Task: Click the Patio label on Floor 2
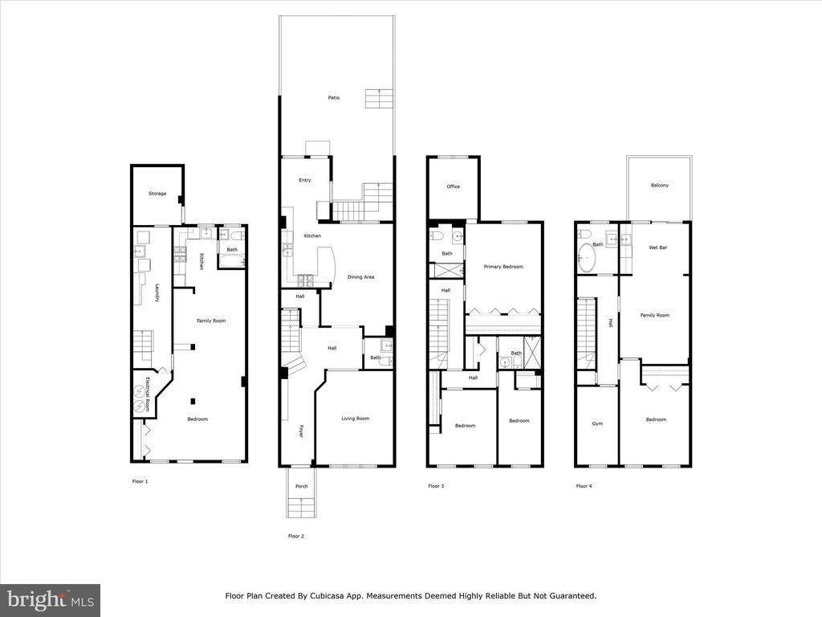pyautogui.click(x=333, y=97)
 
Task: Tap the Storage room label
pyautogui.click(x=157, y=194)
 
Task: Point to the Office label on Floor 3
pyautogui.click(x=454, y=186)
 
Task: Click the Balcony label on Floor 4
pyautogui.click(x=660, y=186)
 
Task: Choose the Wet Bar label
pyautogui.click(x=658, y=247)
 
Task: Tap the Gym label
pyautogui.click(x=597, y=423)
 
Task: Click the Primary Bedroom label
pyautogui.click(x=503, y=267)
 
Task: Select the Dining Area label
pyautogui.click(x=360, y=277)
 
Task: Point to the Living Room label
pyautogui.click(x=356, y=418)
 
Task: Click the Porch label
pyautogui.click(x=302, y=486)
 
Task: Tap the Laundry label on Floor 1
pyautogui.click(x=157, y=293)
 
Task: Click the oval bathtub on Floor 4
pyautogui.click(x=587, y=259)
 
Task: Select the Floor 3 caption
pyautogui.click(x=436, y=486)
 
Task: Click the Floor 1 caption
pyautogui.click(x=140, y=481)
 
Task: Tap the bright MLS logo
pyautogui.click(x=51, y=599)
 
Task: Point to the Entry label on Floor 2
pyautogui.click(x=304, y=180)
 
